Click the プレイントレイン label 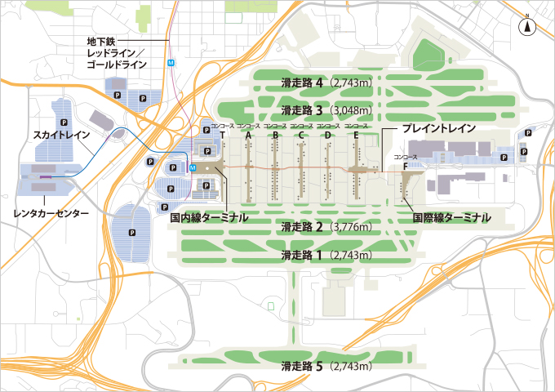(x=438, y=129)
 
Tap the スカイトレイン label (x=62, y=133)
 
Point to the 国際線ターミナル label (x=451, y=218)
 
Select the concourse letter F (x=405, y=166)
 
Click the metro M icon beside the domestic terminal (x=192, y=167)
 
